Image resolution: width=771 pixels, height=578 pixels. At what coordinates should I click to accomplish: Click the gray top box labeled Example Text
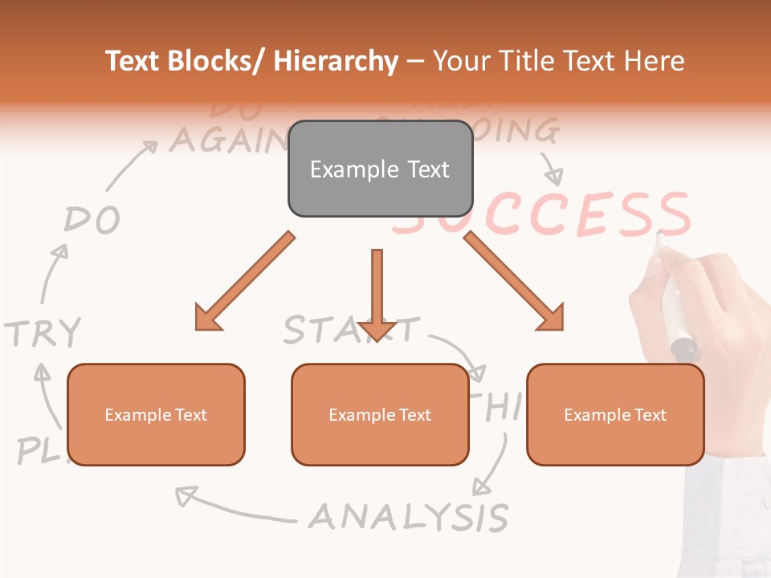tap(380, 169)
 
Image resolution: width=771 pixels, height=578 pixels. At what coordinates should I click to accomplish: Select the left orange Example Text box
tap(156, 414)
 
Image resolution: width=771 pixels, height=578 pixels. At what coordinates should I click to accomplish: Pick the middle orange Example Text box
tap(380, 414)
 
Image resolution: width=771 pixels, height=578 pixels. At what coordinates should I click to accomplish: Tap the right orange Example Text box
tap(615, 414)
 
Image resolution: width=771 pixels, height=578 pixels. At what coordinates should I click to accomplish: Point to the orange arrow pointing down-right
tap(515, 282)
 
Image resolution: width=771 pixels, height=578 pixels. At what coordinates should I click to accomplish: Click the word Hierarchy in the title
tap(336, 61)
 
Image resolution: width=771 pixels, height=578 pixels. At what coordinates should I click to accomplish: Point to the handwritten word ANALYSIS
tap(409, 517)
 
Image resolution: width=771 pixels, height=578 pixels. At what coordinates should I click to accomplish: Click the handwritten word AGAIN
tap(225, 140)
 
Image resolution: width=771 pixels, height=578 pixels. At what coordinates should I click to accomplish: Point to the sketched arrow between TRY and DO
tap(52, 273)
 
